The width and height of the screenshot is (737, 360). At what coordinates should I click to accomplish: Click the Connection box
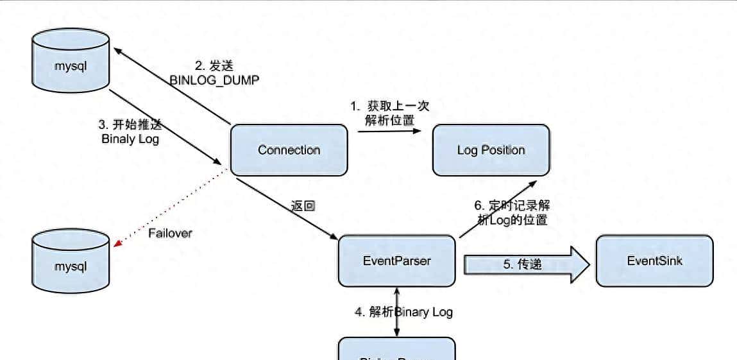(289, 150)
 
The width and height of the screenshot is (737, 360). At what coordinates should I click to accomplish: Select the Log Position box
(491, 150)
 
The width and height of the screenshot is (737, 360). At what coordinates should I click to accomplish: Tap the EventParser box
(396, 261)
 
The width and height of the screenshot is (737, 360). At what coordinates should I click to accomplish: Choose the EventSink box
(654, 261)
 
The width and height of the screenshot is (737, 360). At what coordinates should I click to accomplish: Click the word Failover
(170, 233)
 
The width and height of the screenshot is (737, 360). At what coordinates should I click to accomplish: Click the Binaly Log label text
(130, 139)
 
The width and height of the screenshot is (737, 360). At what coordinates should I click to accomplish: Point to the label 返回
(303, 207)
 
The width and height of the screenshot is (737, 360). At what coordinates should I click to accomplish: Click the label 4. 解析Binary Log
(403, 312)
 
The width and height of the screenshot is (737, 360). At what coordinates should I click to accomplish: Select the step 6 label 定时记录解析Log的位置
(513, 213)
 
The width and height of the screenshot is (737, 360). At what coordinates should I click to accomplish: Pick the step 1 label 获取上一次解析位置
(389, 113)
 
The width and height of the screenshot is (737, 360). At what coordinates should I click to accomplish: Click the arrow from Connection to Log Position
(389, 130)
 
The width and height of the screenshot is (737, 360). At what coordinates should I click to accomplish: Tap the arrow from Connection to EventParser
(285, 209)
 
